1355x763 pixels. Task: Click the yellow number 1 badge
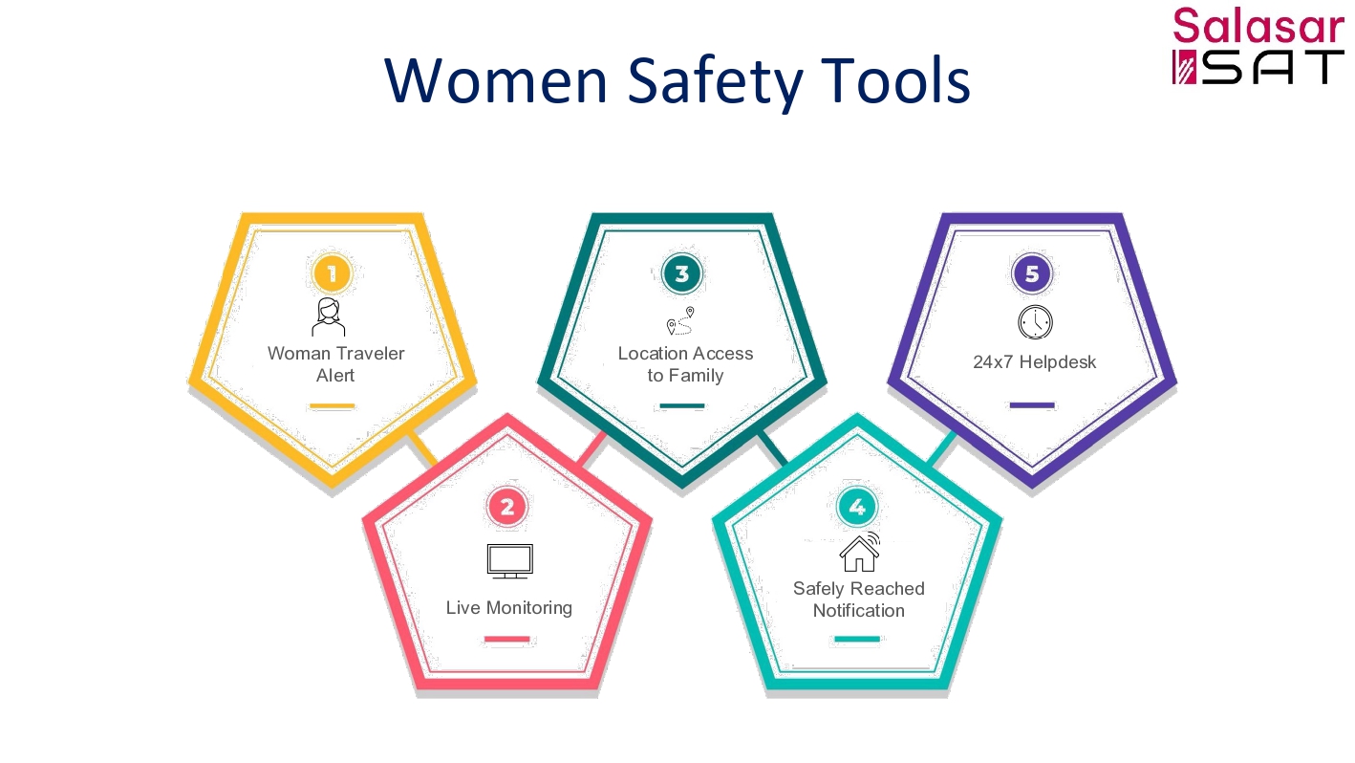click(x=332, y=273)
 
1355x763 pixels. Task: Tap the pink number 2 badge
click(x=506, y=507)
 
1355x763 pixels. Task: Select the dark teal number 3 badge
click(x=681, y=273)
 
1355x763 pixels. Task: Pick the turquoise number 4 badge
click(x=856, y=507)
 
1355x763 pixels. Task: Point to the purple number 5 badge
click(x=1031, y=273)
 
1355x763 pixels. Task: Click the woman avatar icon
click(x=329, y=317)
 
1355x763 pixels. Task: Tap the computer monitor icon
click(x=510, y=561)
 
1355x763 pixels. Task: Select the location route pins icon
click(x=680, y=320)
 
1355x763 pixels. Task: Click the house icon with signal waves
click(x=860, y=552)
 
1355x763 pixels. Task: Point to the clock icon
click(x=1035, y=322)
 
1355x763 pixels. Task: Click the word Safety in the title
click(x=716, y=81)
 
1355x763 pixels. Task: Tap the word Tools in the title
click(x=896, y=80)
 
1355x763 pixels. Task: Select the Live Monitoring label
click(x=508, y=607)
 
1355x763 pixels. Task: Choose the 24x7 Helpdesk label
click(x=1034, y=361)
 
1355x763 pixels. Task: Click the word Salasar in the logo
click(x=1258, y=26)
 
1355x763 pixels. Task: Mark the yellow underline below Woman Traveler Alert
click(x=332, y=406)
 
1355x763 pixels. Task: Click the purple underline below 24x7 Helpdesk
click(x=1032, y=404)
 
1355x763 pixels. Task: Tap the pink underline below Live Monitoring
click(x=506, y=639)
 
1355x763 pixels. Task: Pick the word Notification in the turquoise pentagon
click(x=859, y=611)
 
